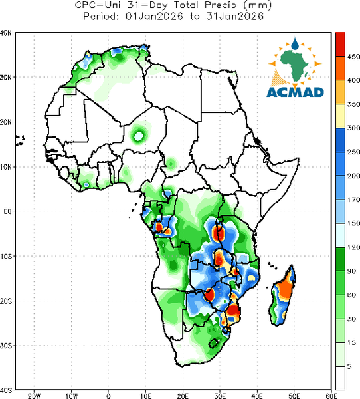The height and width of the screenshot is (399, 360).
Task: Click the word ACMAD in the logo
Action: click(x=295, y=92)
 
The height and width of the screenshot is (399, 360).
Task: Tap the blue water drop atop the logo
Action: click(x=295, y=44)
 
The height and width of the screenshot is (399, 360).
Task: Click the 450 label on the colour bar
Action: click(x=353, y=57)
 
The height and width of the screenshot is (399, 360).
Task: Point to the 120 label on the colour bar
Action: click(x=353, y=247)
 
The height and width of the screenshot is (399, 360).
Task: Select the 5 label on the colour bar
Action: click(x=349, y=366)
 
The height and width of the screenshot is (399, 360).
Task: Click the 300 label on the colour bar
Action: click(x=353, y=128)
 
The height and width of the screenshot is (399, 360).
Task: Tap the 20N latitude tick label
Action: click(x=6, y=122)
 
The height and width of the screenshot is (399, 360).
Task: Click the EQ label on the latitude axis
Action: click(x=7, y=211)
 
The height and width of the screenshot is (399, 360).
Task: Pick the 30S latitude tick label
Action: click(x=6, y=346)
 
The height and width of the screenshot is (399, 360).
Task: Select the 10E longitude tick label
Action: click(x=145, y=396)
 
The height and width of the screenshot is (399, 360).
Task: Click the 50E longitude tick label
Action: click(x=294, y=396)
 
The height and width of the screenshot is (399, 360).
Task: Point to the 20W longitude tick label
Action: click(x=35, y=396)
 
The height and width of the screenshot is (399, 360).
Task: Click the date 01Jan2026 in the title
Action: click(x=154, y=16)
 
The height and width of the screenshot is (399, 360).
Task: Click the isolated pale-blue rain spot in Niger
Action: click(x=139, y=136)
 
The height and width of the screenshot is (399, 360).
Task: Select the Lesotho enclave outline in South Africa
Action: click(x=213, y=343)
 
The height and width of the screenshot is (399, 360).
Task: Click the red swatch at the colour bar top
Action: click(x=340, y=45)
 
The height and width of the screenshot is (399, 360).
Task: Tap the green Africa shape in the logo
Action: click(x=295, y=64)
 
